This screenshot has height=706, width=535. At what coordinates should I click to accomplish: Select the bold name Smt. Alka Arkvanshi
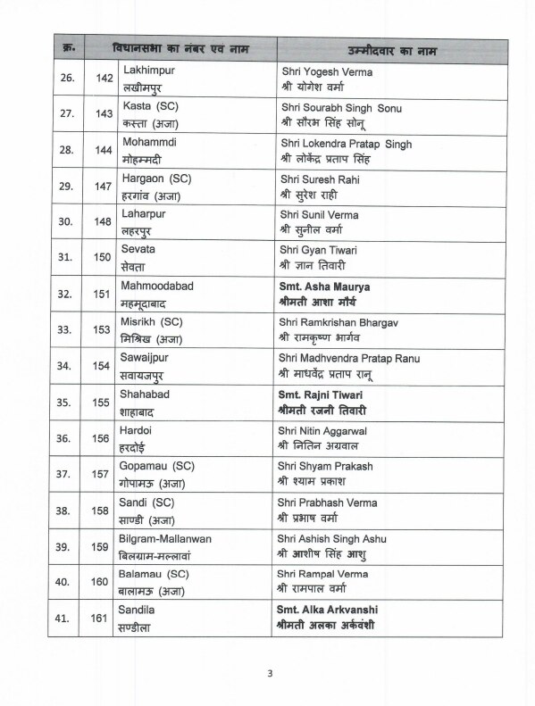coord(333,609)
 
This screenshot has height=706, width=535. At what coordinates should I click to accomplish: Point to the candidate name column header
coord(389,45)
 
